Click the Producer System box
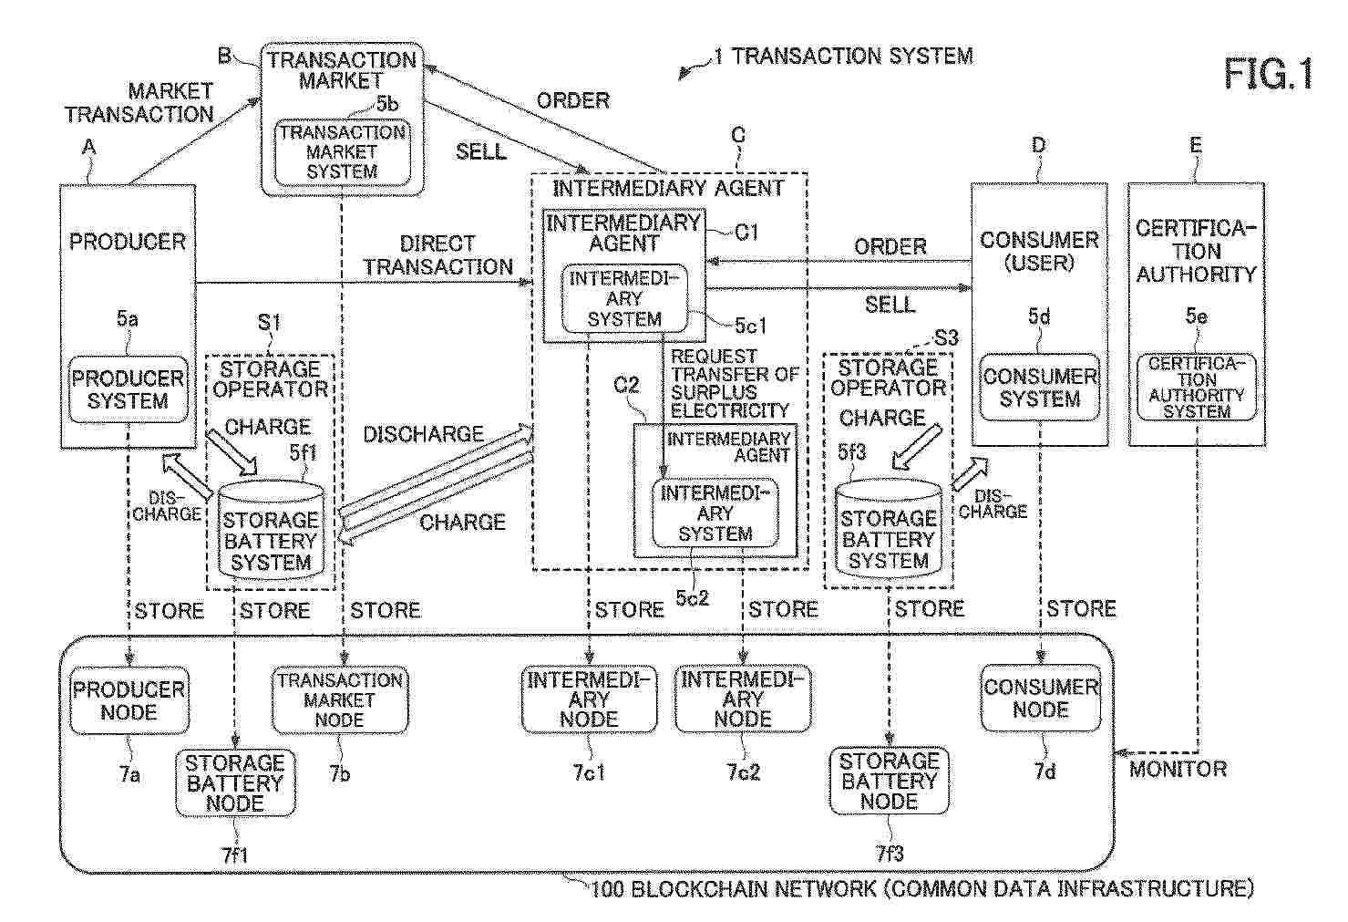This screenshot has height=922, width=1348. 129,389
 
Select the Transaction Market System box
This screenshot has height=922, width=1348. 342,151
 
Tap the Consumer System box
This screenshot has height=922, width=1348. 1039,388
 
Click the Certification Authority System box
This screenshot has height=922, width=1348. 1196,388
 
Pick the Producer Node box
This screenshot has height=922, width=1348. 129,700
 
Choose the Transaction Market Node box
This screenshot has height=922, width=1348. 339,699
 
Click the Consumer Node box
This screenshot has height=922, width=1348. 1040,699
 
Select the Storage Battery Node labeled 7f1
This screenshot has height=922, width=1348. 235,782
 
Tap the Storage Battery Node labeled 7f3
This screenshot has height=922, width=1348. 889,781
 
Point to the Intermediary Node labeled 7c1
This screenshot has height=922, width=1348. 589,699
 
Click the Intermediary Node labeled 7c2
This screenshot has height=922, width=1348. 743,699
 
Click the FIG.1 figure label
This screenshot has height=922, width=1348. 1268,73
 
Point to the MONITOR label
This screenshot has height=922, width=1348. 1178,769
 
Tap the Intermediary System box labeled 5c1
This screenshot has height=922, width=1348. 624,298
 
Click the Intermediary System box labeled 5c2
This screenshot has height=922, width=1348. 715,513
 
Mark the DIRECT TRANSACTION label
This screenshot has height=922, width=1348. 437,255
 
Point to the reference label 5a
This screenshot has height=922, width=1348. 128,318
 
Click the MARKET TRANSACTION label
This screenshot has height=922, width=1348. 139,103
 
